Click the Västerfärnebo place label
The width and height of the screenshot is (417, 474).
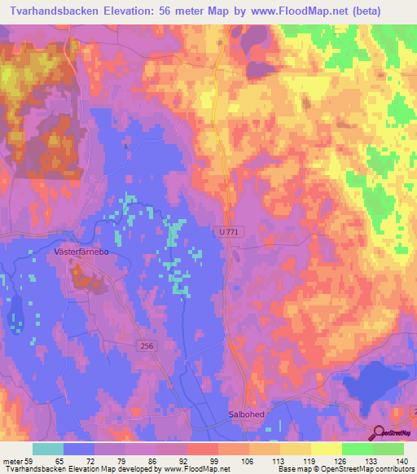tap(81, 252)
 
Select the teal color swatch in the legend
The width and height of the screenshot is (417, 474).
tap(48, 449)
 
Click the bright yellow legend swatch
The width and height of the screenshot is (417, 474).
tap(326, 449)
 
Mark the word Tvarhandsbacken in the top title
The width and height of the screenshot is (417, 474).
tap(53, 11)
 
